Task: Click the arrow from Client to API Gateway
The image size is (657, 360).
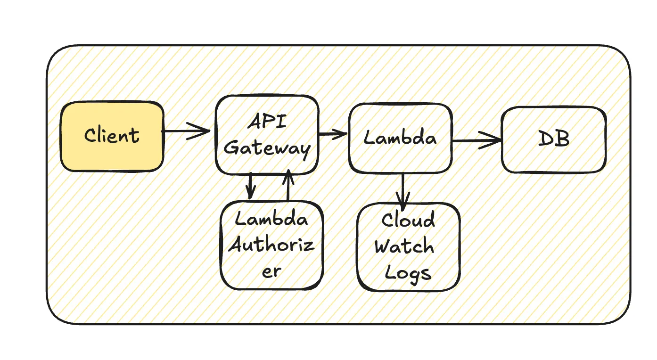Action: point(186,131)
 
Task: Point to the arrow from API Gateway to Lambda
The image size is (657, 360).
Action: point(333,135)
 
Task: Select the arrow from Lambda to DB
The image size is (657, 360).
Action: point(476,140)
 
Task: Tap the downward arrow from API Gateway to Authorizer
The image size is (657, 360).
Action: point(250,187)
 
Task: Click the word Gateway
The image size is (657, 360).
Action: point(267,147)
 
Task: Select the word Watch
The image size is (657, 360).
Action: point(404,246)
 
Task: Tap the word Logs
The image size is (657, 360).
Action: point(408,272)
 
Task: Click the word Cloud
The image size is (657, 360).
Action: point(408,221)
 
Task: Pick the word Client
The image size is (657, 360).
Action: point(112,136)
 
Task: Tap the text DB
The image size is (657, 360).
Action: point(553,140)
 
